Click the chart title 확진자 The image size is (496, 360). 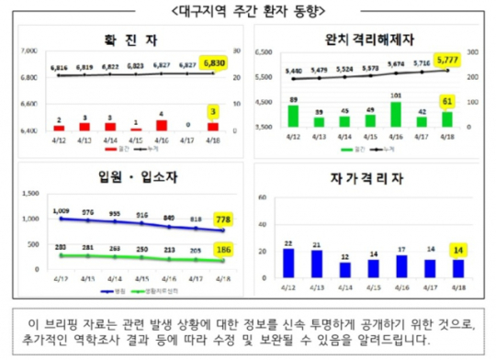pos(130,39)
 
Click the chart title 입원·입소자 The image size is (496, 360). pos(130,174)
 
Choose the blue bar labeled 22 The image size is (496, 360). pos(289,262)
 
